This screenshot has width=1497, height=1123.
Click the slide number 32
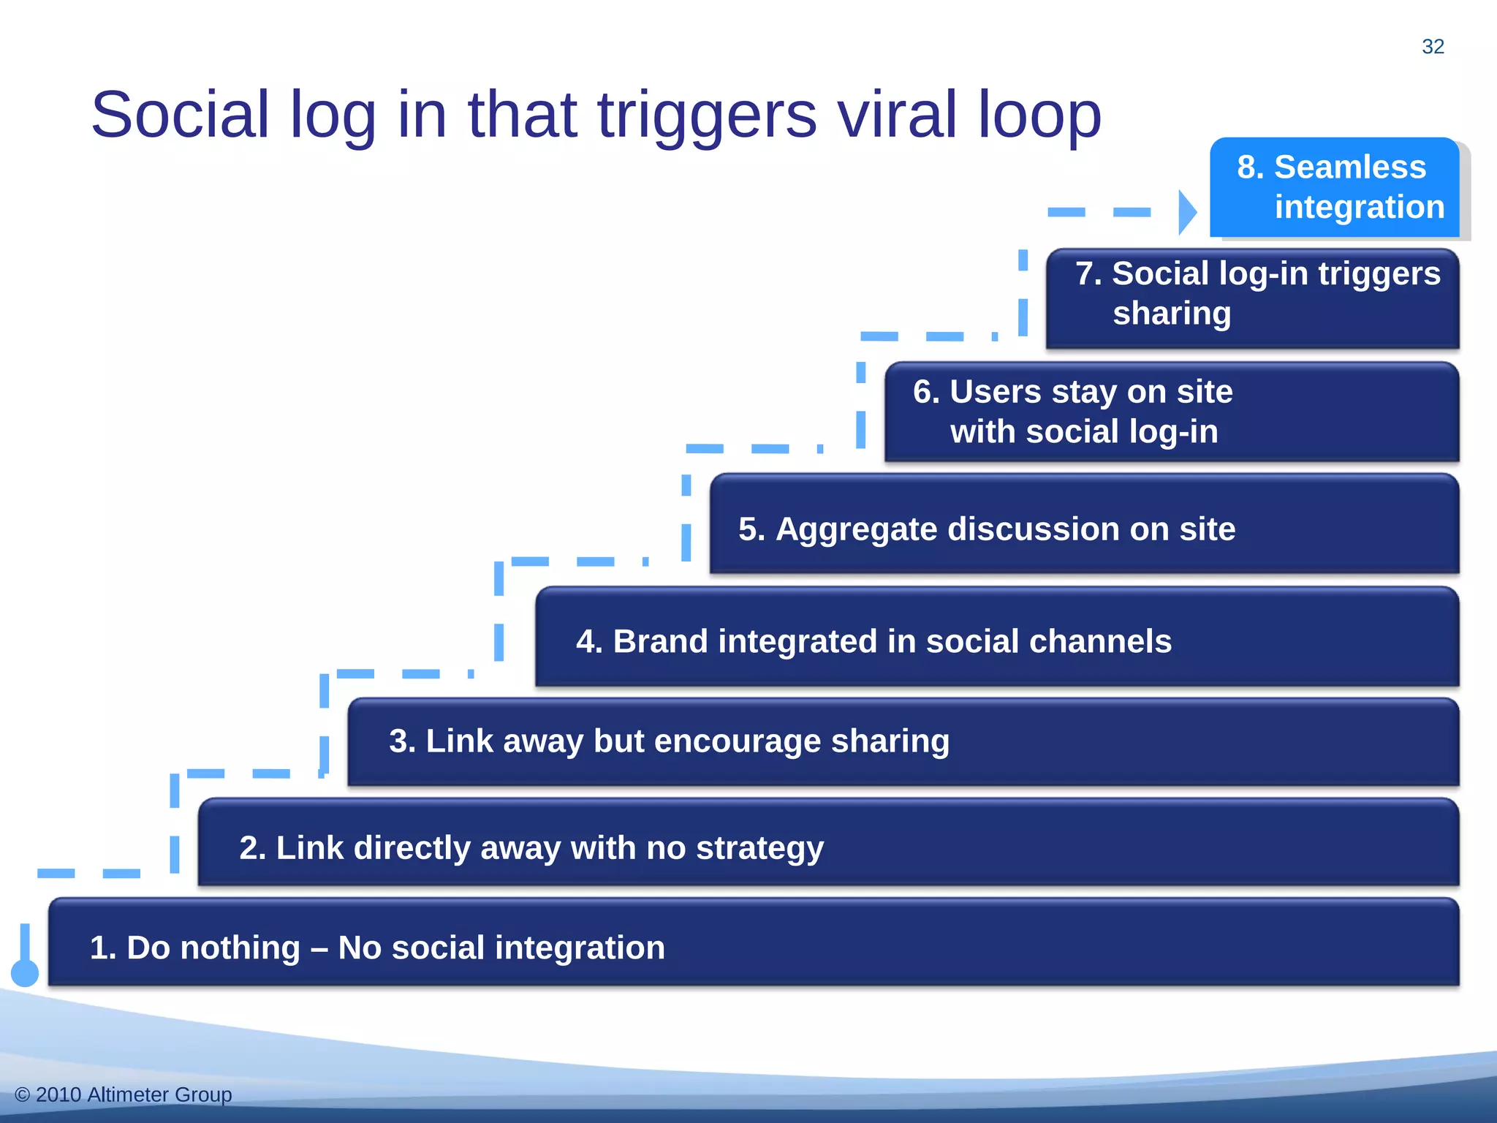[1433, 47]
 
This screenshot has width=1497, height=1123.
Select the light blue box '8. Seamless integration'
[1334, 187]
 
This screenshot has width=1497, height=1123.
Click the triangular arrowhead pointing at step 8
[1187, 213]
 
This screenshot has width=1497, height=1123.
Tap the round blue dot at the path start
[25, 973]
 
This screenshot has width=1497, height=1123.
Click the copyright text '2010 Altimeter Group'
[133, 1094]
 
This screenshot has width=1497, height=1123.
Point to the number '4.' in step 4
[589, 641]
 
